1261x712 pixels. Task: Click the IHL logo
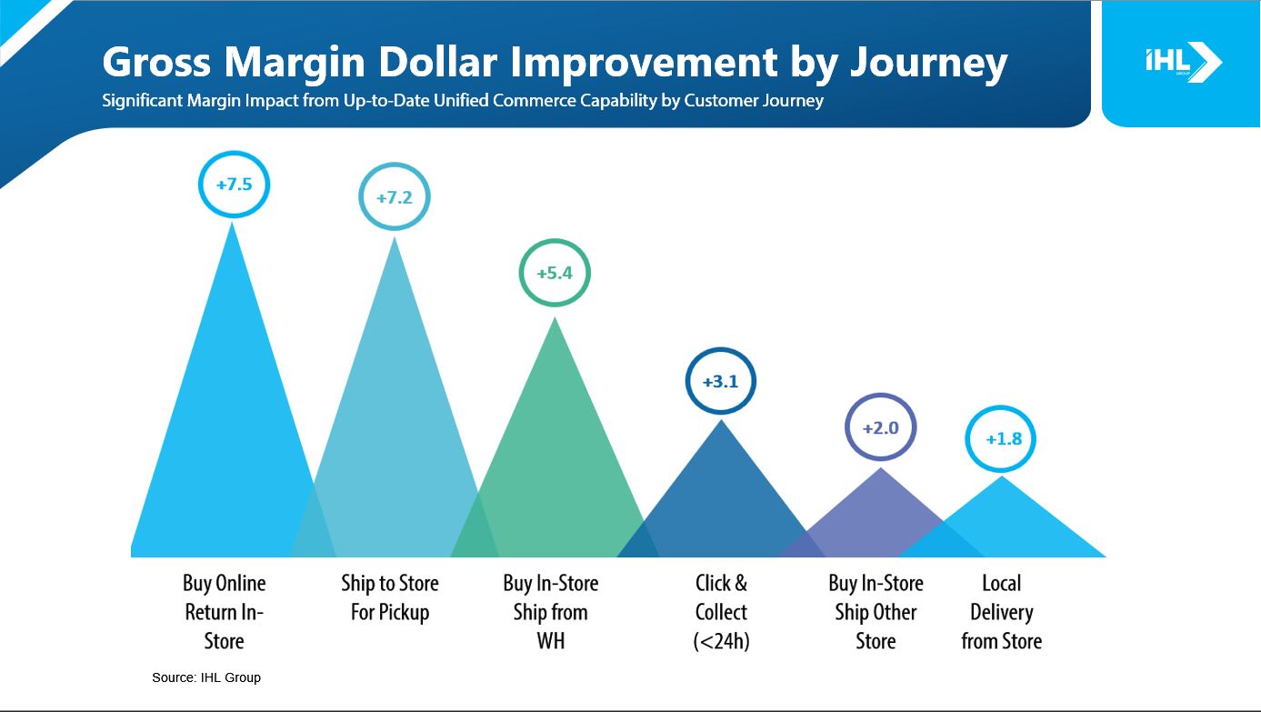tap(1184, 62)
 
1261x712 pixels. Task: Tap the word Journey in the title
tap(928, 63)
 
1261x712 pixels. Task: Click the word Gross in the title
tap(156, 61)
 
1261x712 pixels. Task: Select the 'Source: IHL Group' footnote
tap(206, 677)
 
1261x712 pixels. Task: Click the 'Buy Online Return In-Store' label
tap(224, 612)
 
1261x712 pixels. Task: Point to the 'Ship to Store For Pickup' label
tap(389, 597)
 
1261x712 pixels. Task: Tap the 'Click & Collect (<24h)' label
tap(721, 612)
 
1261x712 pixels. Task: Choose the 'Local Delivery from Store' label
tap(1002, 612)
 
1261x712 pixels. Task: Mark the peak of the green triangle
tap(555, 317)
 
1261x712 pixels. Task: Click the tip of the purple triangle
tap(880, 468)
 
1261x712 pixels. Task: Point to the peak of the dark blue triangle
tap(721, 420)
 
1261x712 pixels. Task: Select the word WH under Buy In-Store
tap(551, 641)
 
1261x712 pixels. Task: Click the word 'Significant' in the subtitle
tap(143, 101)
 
